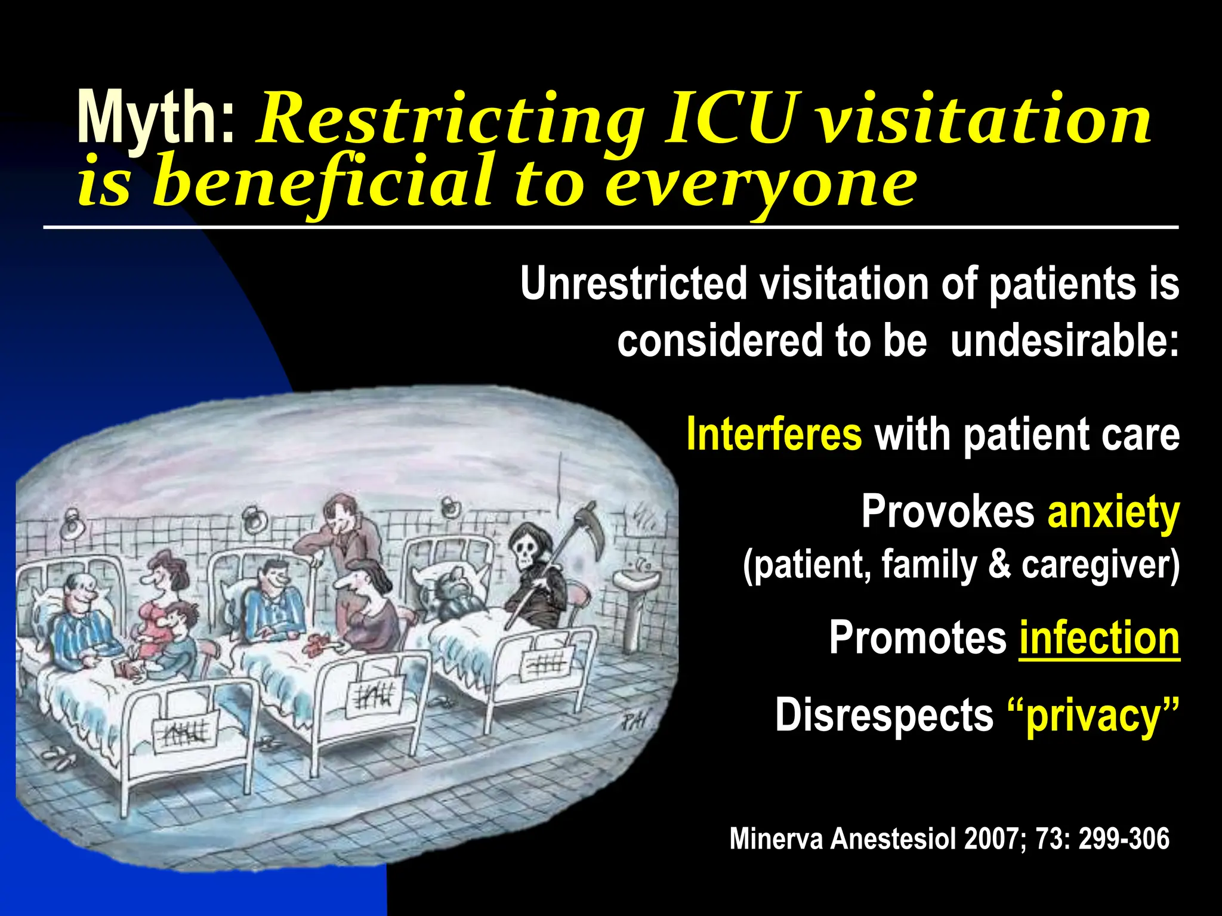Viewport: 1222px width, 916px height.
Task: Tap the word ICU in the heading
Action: (730, 119)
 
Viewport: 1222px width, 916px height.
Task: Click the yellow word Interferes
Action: (774, 434)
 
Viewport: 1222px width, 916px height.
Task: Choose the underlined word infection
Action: (1099, 638)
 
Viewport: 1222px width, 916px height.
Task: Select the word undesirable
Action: (1064, 341)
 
